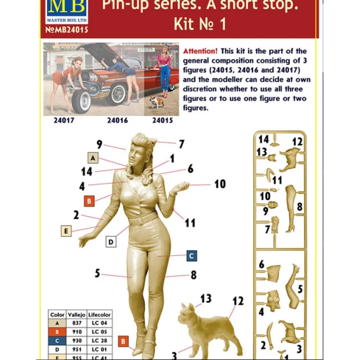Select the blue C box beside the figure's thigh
coord(191,255)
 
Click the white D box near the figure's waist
coord(111,242)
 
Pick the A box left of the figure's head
coord(92,158)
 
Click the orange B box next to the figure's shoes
coord(122,341)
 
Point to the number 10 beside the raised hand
coord(219,184)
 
